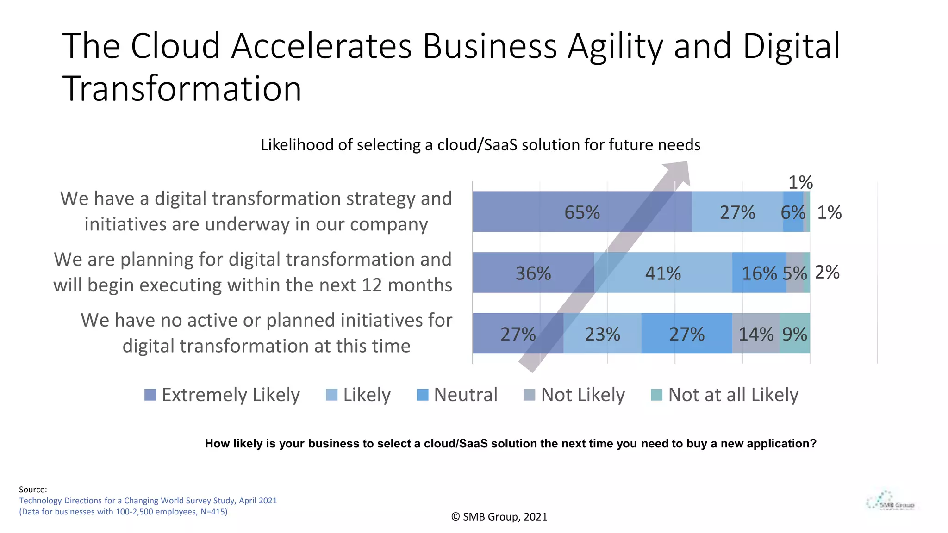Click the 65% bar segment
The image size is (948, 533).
pos(582,212)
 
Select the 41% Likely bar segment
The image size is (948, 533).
pos(663,273)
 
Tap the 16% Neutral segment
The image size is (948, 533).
pos(759,273)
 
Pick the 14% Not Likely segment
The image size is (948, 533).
pos(756,334)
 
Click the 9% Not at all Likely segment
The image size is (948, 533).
pos(795,334)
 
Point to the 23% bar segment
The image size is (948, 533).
pos(602,334)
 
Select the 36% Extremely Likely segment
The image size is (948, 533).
pos(533,273)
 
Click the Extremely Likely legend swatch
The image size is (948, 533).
pos(150,395)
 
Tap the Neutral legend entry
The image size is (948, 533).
pos(465,395)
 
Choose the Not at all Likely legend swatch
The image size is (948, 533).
pos(656,395)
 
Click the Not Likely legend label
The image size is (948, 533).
pos(583,395)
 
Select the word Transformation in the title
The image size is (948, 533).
pos(182,88)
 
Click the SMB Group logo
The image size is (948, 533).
pos(891,502)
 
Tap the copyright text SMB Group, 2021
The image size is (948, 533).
pos(499,517)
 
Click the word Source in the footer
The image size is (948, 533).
pos(33,490)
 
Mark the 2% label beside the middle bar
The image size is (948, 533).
pos(827,272)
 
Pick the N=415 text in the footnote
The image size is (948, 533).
pos(213,512)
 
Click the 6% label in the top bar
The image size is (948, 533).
pos(793,212)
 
